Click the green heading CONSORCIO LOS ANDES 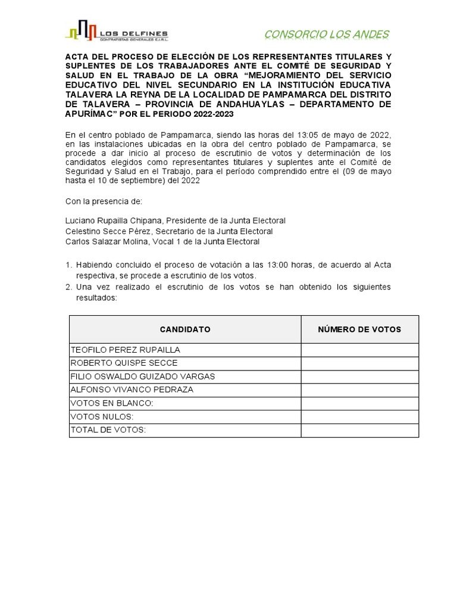point(326,34)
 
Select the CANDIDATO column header point(185,329)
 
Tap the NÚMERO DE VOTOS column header point(359,329)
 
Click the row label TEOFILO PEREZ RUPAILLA point(126,350)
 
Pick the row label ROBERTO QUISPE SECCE point(124,363)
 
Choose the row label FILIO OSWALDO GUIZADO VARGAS point(143,376)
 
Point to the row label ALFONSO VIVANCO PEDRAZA point(132,390)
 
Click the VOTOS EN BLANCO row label point(112,403)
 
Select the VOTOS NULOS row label point(102,417)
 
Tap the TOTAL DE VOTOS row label point(108,430)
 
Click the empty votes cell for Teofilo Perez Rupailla point(359,350)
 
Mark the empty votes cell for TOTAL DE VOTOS point(359,430)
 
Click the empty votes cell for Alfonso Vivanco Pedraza point(359,390)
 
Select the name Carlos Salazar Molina point(105,242)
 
